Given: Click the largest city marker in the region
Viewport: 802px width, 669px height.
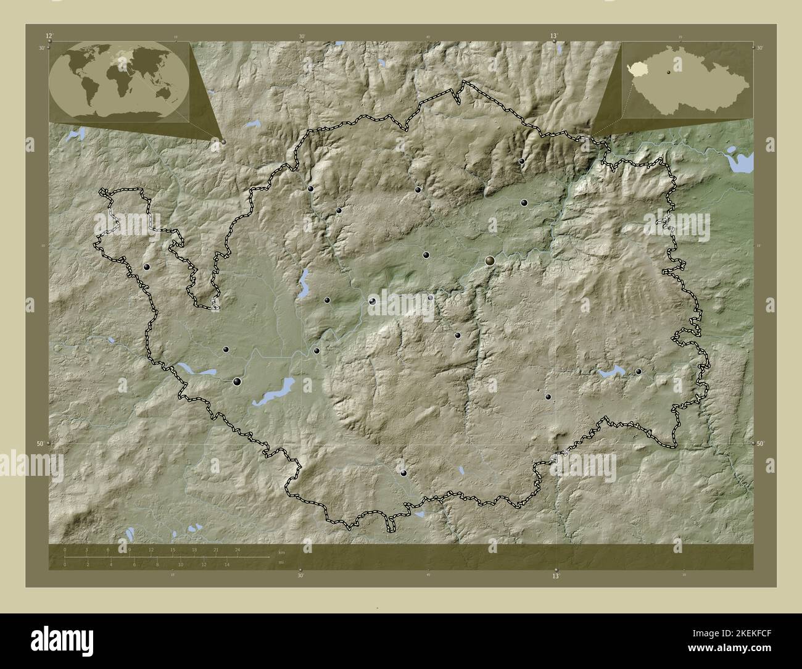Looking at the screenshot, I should point(490,261).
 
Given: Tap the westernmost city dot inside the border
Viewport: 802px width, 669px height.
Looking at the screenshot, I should point(147,267).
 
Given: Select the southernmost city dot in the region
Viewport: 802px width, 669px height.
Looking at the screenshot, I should point(404,473).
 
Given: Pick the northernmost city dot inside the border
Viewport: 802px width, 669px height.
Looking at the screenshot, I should point(522,161).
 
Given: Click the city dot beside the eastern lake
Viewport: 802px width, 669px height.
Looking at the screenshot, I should point(639,372).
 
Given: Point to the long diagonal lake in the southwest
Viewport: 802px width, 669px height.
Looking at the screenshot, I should point(273,391).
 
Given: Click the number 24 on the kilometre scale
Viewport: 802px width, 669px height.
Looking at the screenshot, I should point(237,549).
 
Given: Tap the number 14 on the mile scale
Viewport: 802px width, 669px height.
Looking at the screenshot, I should point(227,564).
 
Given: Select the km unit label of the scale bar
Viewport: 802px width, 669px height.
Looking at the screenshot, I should point(281,552).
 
